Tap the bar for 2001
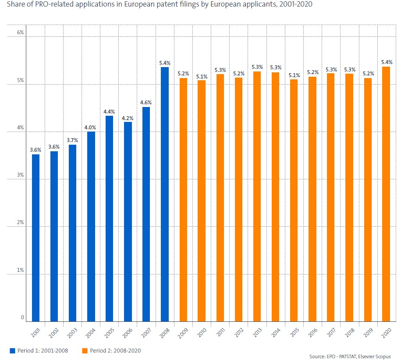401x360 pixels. pyautogui.click(x=35, y=238)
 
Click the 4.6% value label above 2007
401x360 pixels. pyautogui.click(x=146, y=103)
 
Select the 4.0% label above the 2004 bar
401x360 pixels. pyautogui.click(x=91, y=128)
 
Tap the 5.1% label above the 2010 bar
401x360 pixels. pyautogui.click(x=201, y=76)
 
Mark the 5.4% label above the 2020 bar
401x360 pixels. pyautogui.click(x=387, y=62)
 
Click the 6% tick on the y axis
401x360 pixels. pyautogui.click(x=20, y=33)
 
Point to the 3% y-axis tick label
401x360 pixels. pyautogui.click(x=20, y=175)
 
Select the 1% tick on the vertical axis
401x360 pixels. pyautogui.click(x=20, y=271)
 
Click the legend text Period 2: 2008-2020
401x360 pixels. pyautogui.click(x=115, y=350)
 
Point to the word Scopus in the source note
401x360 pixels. pyautogui.click(x=382, y=356)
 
